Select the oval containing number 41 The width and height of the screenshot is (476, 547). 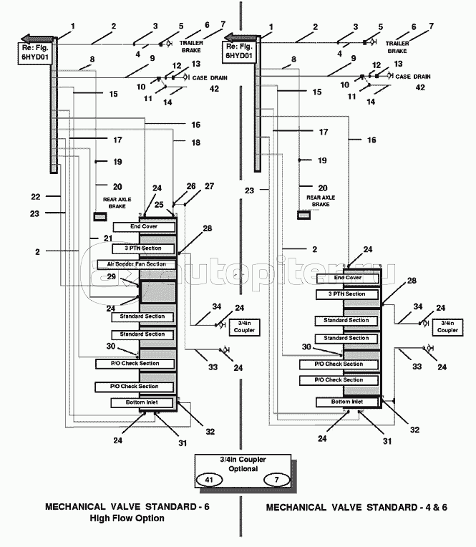[x=209, y=480]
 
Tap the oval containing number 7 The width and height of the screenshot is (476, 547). [x=275, y=480]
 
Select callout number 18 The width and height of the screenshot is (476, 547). [x=196, y=142]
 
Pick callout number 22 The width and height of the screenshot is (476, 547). [x=35, y=196]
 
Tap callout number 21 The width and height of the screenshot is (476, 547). [x=108, y=238]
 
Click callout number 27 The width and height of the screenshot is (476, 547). [x=209, y=186]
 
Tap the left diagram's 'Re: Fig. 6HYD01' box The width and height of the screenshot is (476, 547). [x=34, y=54]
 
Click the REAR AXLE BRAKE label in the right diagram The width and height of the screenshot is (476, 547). [x=318, y=200]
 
